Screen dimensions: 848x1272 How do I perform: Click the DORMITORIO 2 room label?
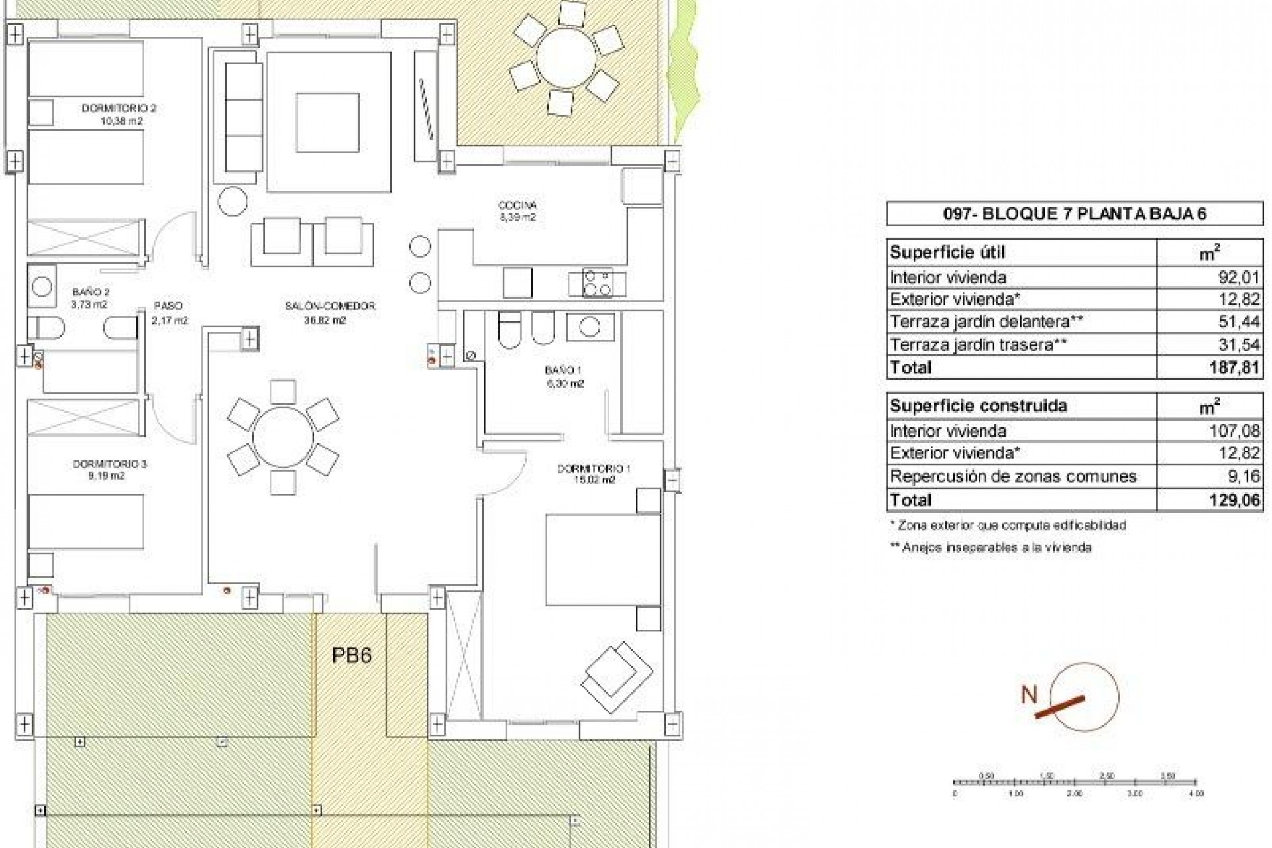click(119, 108)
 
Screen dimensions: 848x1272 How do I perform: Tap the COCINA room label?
click(517, 205)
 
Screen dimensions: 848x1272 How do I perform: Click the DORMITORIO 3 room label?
click(109, 464)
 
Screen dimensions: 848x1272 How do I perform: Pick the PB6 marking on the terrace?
click(351, 655)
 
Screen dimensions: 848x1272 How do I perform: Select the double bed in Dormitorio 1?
click(602, 560)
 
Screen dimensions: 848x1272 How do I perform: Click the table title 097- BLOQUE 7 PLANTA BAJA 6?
click(1074, 213)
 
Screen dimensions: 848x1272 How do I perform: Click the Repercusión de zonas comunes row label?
click(1013, 476)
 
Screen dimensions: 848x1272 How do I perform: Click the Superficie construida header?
click(979, 405)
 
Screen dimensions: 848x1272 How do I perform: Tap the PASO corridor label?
click(168, 306)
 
